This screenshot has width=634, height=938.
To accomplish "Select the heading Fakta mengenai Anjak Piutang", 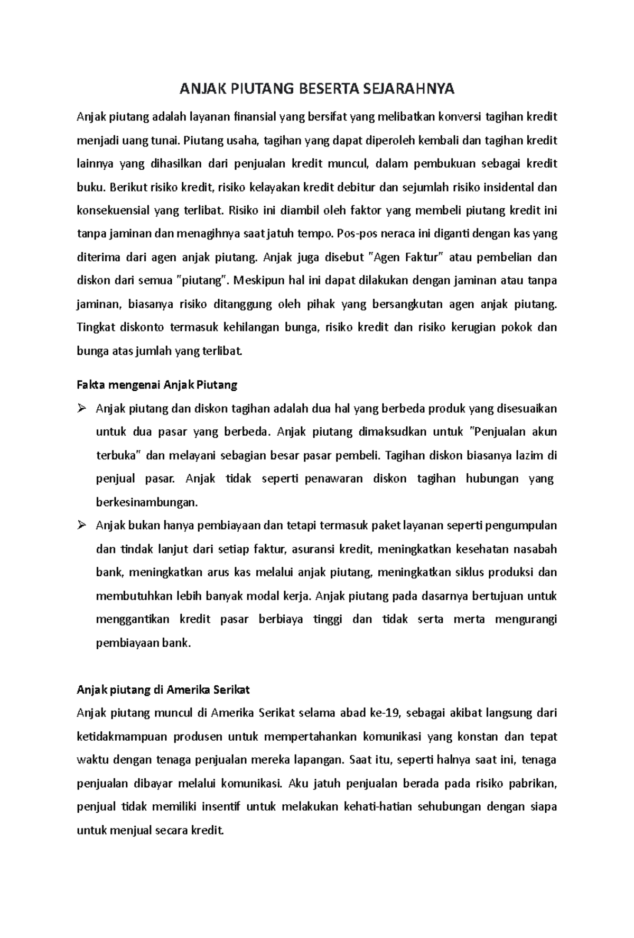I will (157, 385).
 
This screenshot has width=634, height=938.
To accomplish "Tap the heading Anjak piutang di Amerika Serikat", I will (163, 690).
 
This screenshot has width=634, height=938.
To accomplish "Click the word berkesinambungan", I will (147, 502).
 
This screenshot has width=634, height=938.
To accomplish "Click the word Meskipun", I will (260, 281).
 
